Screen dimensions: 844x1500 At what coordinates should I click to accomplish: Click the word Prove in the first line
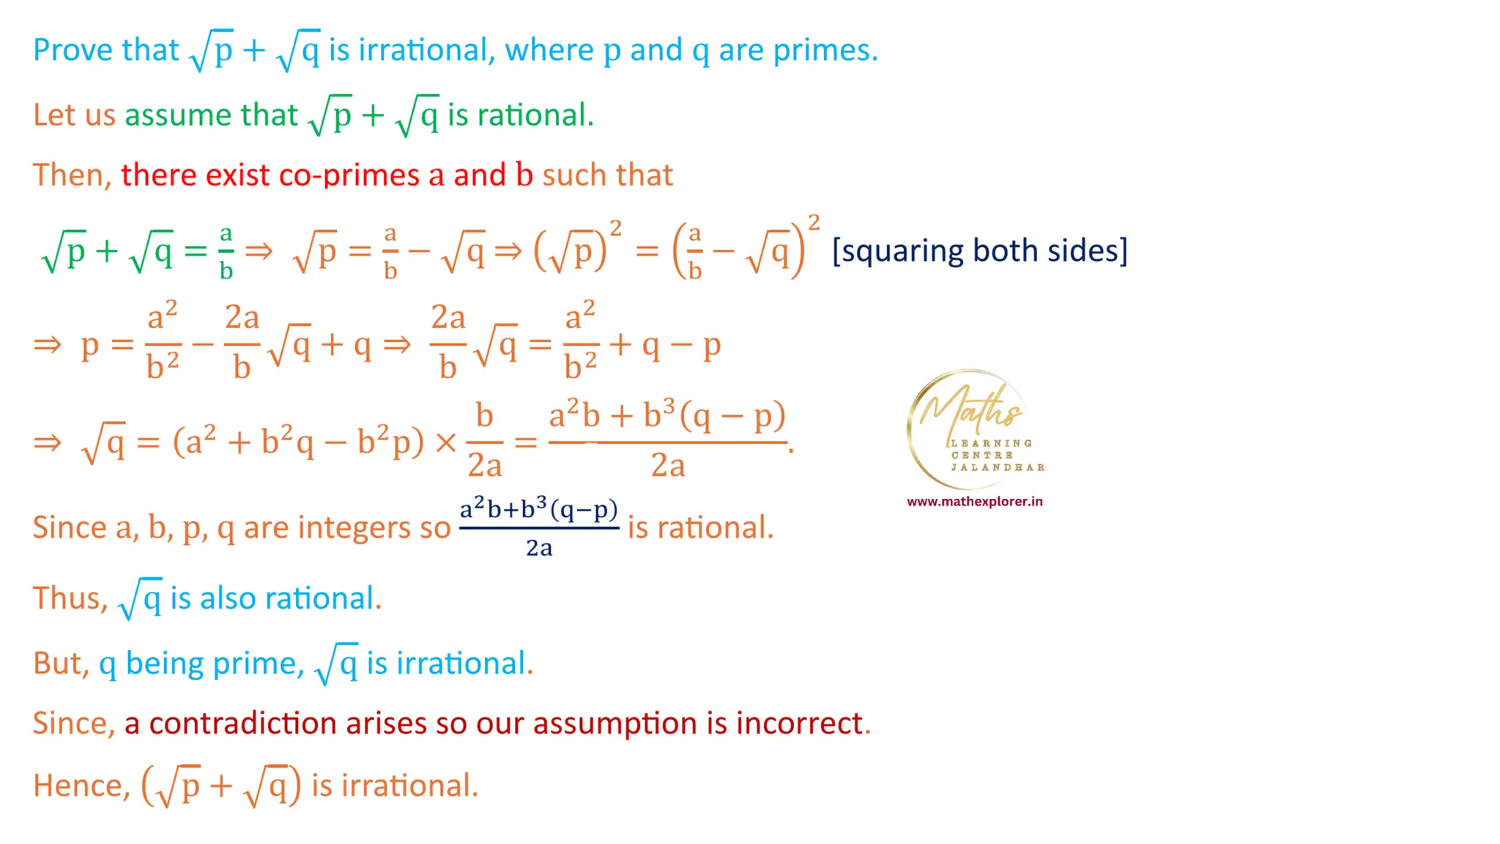point(73,50)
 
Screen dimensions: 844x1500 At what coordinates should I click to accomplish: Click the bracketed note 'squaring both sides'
point(979,251)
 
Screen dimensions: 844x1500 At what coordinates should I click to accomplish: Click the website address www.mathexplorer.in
point(974,502)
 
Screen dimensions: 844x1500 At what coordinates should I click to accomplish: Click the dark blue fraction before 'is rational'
point(539,527)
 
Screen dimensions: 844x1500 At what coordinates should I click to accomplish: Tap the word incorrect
point(799,724)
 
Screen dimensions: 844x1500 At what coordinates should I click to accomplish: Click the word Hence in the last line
point(78,786)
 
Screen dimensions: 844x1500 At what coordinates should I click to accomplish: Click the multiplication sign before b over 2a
point(446,443)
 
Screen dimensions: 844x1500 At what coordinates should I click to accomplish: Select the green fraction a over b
point(226,252)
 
